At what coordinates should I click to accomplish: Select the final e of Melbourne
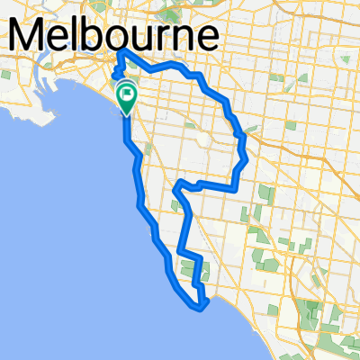(206, 39)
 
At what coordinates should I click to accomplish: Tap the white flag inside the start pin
(127, 90)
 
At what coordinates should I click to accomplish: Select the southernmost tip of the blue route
(200, 309)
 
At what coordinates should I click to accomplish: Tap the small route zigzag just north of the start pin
(114, 74)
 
